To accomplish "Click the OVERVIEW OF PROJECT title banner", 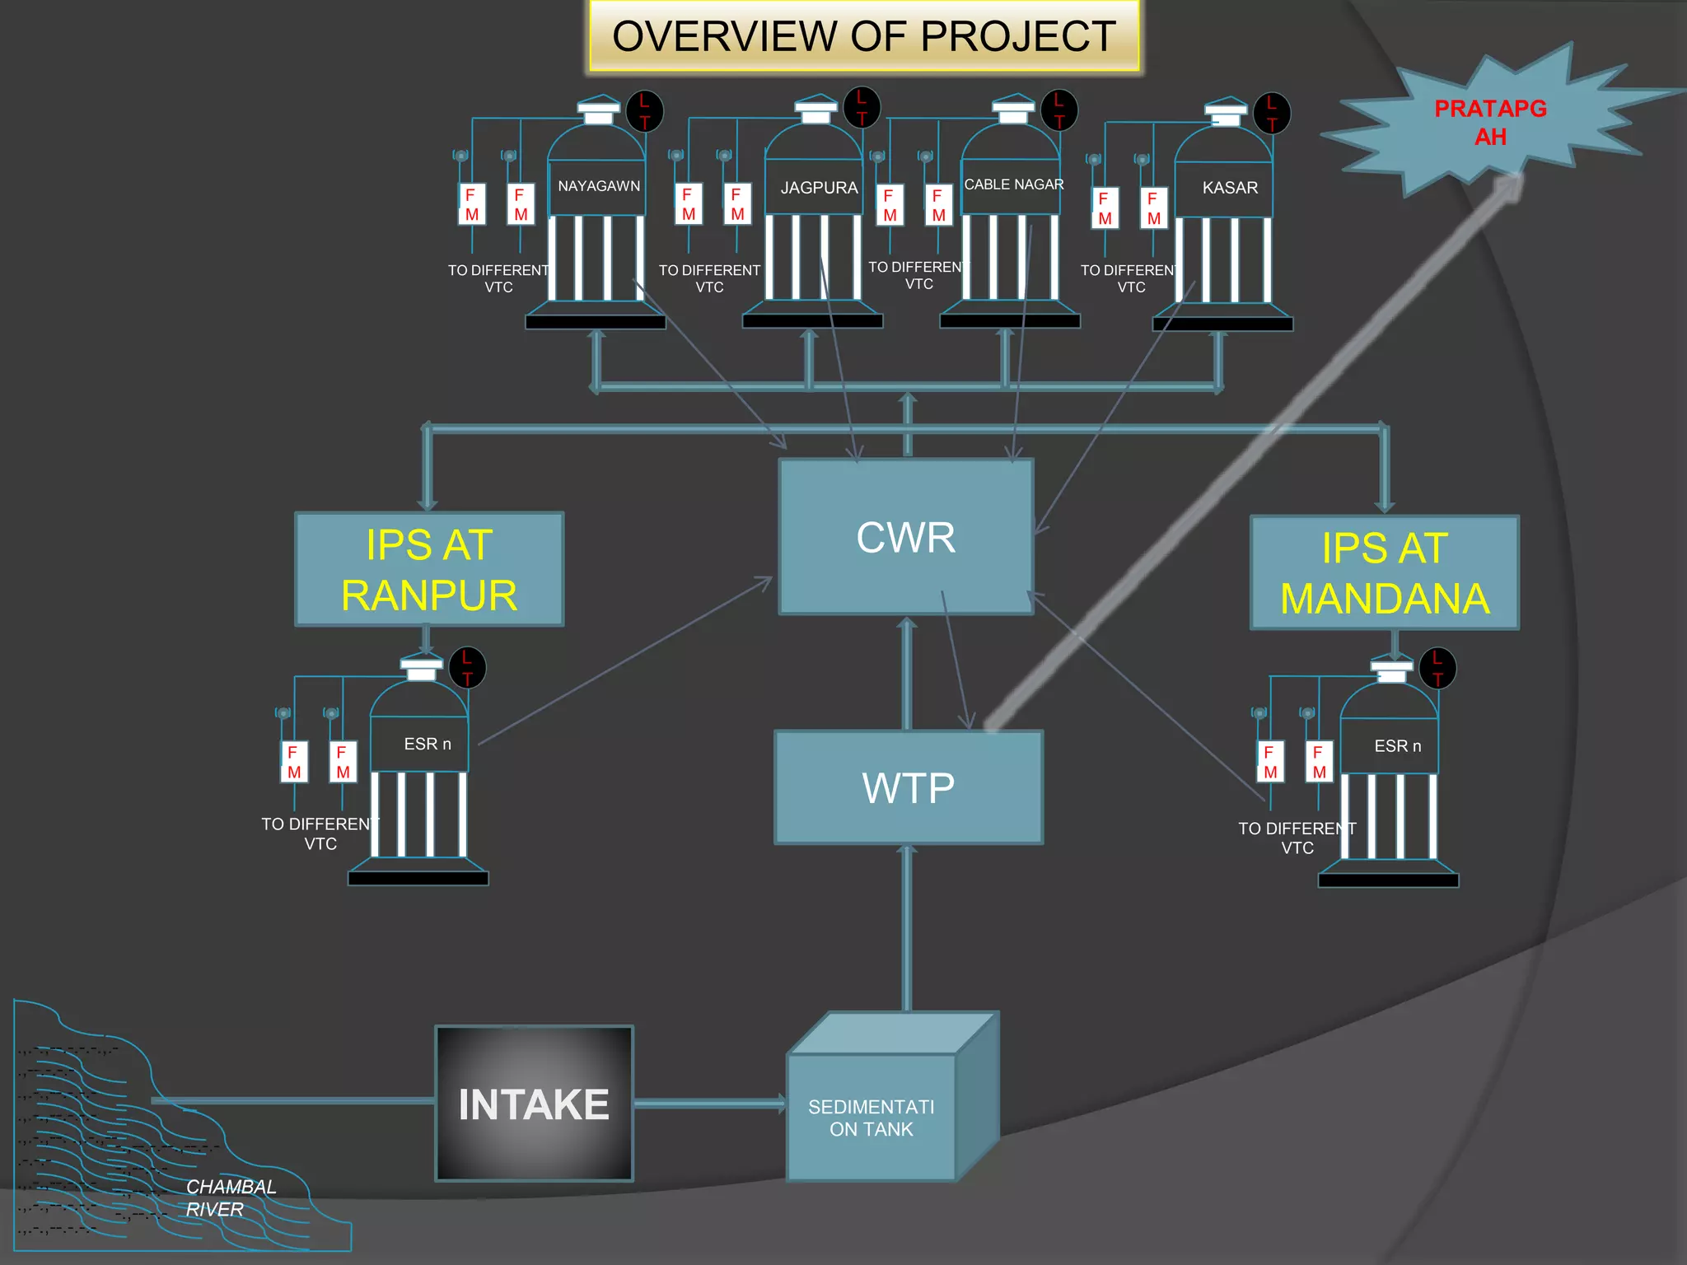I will (864, 36).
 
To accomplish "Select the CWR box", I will (905, 537).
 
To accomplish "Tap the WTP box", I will (908, 787).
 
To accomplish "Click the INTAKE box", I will (534, 1104).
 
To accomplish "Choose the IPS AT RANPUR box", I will (429, 569).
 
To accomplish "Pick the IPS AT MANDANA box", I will (1384, 573).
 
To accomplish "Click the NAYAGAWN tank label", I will (599, 186).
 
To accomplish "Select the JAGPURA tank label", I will (819, 188).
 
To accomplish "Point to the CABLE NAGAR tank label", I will (1013, 184).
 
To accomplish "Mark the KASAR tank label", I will (1229, 188).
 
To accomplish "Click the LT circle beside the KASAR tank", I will (1271, 113).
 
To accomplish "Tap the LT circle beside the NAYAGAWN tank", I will (644, 110).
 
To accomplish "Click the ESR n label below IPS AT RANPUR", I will (427, 744).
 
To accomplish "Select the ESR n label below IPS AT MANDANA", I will (1397, 746).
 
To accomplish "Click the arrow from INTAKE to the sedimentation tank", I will (710, 1104).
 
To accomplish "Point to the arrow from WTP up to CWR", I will (907, 671).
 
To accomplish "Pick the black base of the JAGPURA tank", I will (812, 321).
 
